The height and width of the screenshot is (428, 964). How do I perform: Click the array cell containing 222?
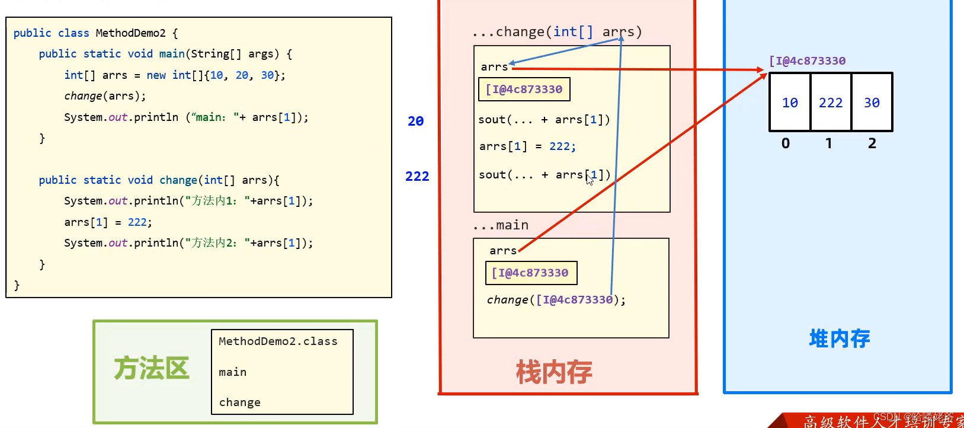point(831,103)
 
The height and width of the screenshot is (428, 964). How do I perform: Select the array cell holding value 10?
point(790,103)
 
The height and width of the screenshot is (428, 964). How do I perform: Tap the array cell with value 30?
point(872,103)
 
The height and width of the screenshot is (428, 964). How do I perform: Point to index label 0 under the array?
point(786,143)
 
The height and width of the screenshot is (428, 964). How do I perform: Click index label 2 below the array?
point(872,143)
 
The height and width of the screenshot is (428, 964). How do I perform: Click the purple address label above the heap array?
point(807,60)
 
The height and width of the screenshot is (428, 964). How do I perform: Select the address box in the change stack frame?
point(524,90)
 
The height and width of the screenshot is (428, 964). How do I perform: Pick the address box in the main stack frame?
point(530,273)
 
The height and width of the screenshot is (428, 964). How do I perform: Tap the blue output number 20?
point(415,121)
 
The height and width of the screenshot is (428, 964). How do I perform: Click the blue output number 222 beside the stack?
point(417,176)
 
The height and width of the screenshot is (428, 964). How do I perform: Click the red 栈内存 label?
point(554,372)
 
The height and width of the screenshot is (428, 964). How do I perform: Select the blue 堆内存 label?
point(839,338)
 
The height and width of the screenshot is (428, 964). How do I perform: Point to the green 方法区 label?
point(152,368)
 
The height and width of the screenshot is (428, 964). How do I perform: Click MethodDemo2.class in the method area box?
point(278,341)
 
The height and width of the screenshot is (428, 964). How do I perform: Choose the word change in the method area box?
point(239,403)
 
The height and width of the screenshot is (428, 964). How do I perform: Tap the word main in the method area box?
point(232,372)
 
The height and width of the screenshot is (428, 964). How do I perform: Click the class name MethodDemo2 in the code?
point(130,33)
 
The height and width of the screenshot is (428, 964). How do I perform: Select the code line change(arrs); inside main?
point(105,96)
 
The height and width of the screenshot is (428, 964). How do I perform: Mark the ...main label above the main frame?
point(501,225)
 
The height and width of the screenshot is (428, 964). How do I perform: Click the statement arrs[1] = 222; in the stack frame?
point(527,146)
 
